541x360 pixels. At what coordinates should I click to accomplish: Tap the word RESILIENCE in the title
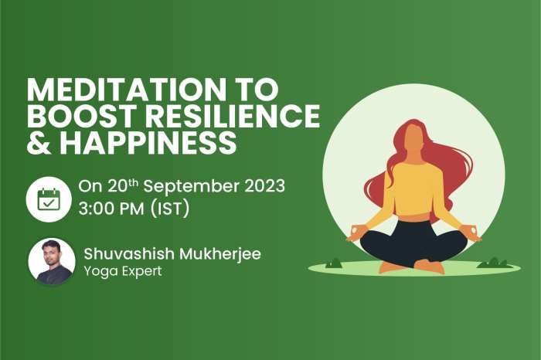(x=233, y=116)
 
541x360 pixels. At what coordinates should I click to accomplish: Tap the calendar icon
(x=49, y=199)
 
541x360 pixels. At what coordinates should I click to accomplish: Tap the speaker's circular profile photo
(x=51, y=261)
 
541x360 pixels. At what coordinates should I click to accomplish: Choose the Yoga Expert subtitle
(x=122, y=272)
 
